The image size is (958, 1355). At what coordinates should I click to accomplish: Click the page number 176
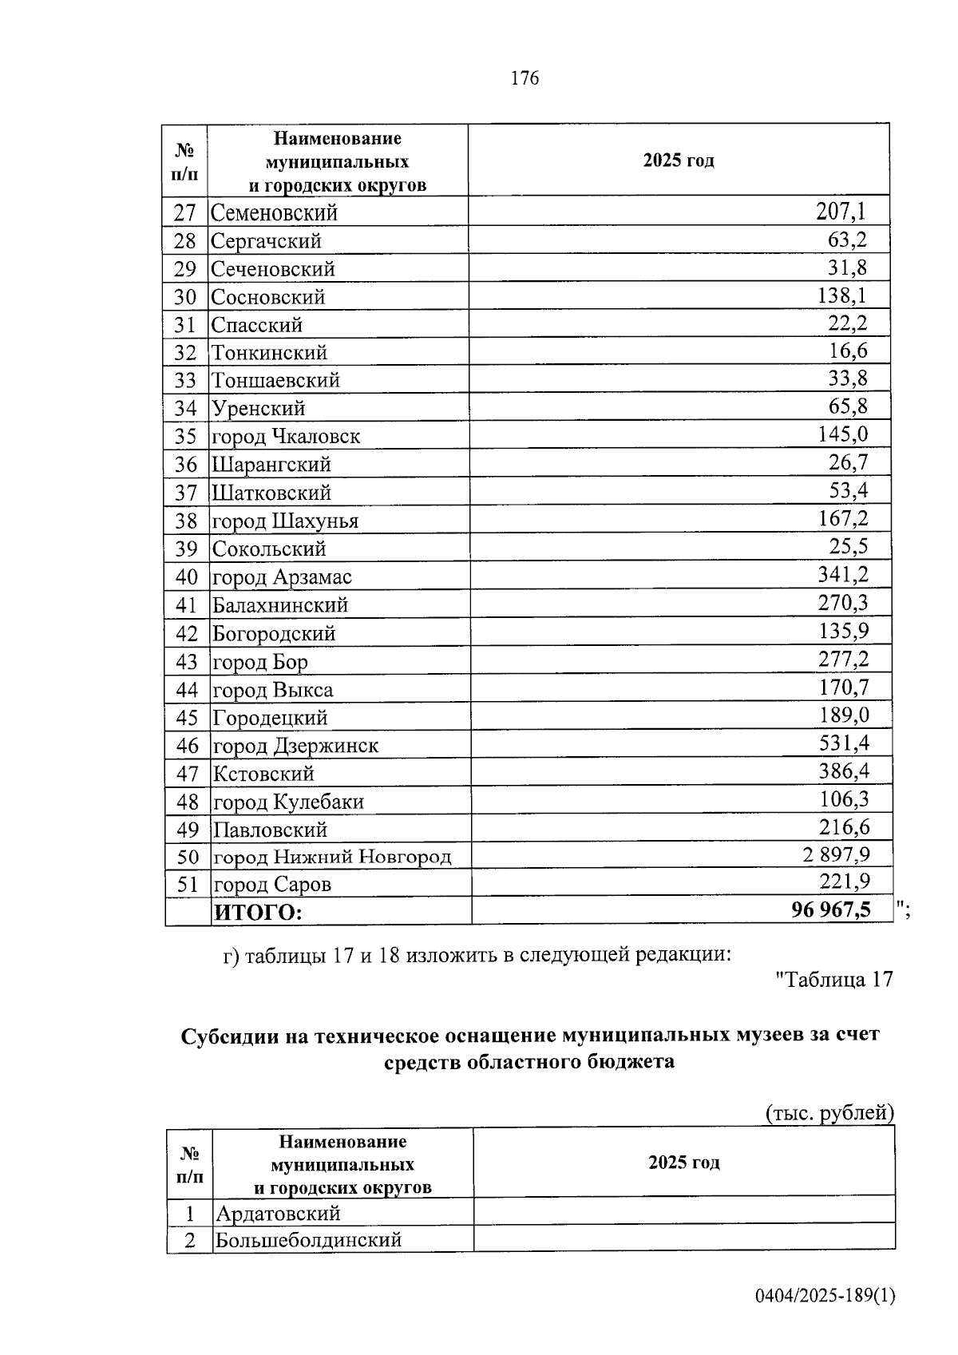pyautogui.click(x=525, y=78)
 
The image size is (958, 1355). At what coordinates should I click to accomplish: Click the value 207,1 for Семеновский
pyautogui.click(x=841, y=212)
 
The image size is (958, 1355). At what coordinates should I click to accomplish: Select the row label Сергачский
pyautogui.click(x=266, y=240)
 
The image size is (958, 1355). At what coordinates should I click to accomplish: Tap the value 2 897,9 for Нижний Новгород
pyautogui.click(x=836, y=855)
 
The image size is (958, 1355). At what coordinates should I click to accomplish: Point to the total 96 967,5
pyautogui.click(x=831, y=909)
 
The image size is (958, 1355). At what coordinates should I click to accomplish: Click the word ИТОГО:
pyautogui.click(x=258, y=912)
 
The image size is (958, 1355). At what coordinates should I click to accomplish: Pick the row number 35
pyautogui.click(x=185, y=437)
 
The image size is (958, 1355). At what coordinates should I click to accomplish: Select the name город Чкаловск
pyautogui.click(x=286, y=437)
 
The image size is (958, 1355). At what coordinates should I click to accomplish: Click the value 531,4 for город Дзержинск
pyautogui.click(x=844, y=743)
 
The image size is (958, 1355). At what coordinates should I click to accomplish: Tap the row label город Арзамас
pyautogui.click(x=282, y=576)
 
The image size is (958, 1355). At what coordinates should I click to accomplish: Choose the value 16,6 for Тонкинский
pyautogui.click(x=848, y=351)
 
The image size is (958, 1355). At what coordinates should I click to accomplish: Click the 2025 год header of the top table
pyautogui.click(x=679, y=160)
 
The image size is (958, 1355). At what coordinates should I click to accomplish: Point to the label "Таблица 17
pyautogui.click(x=833, y=980)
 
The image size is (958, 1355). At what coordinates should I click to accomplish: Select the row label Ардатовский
pyautogui.click(x=279, y=1214)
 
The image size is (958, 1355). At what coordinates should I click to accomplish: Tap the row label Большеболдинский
pyautogui.click(x=308, y=1240)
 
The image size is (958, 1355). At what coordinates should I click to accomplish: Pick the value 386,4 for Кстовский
pyautogui.click(x=844, y=771)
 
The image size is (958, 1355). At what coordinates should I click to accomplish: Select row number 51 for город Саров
pyautogui.click(x=187, y=884)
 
